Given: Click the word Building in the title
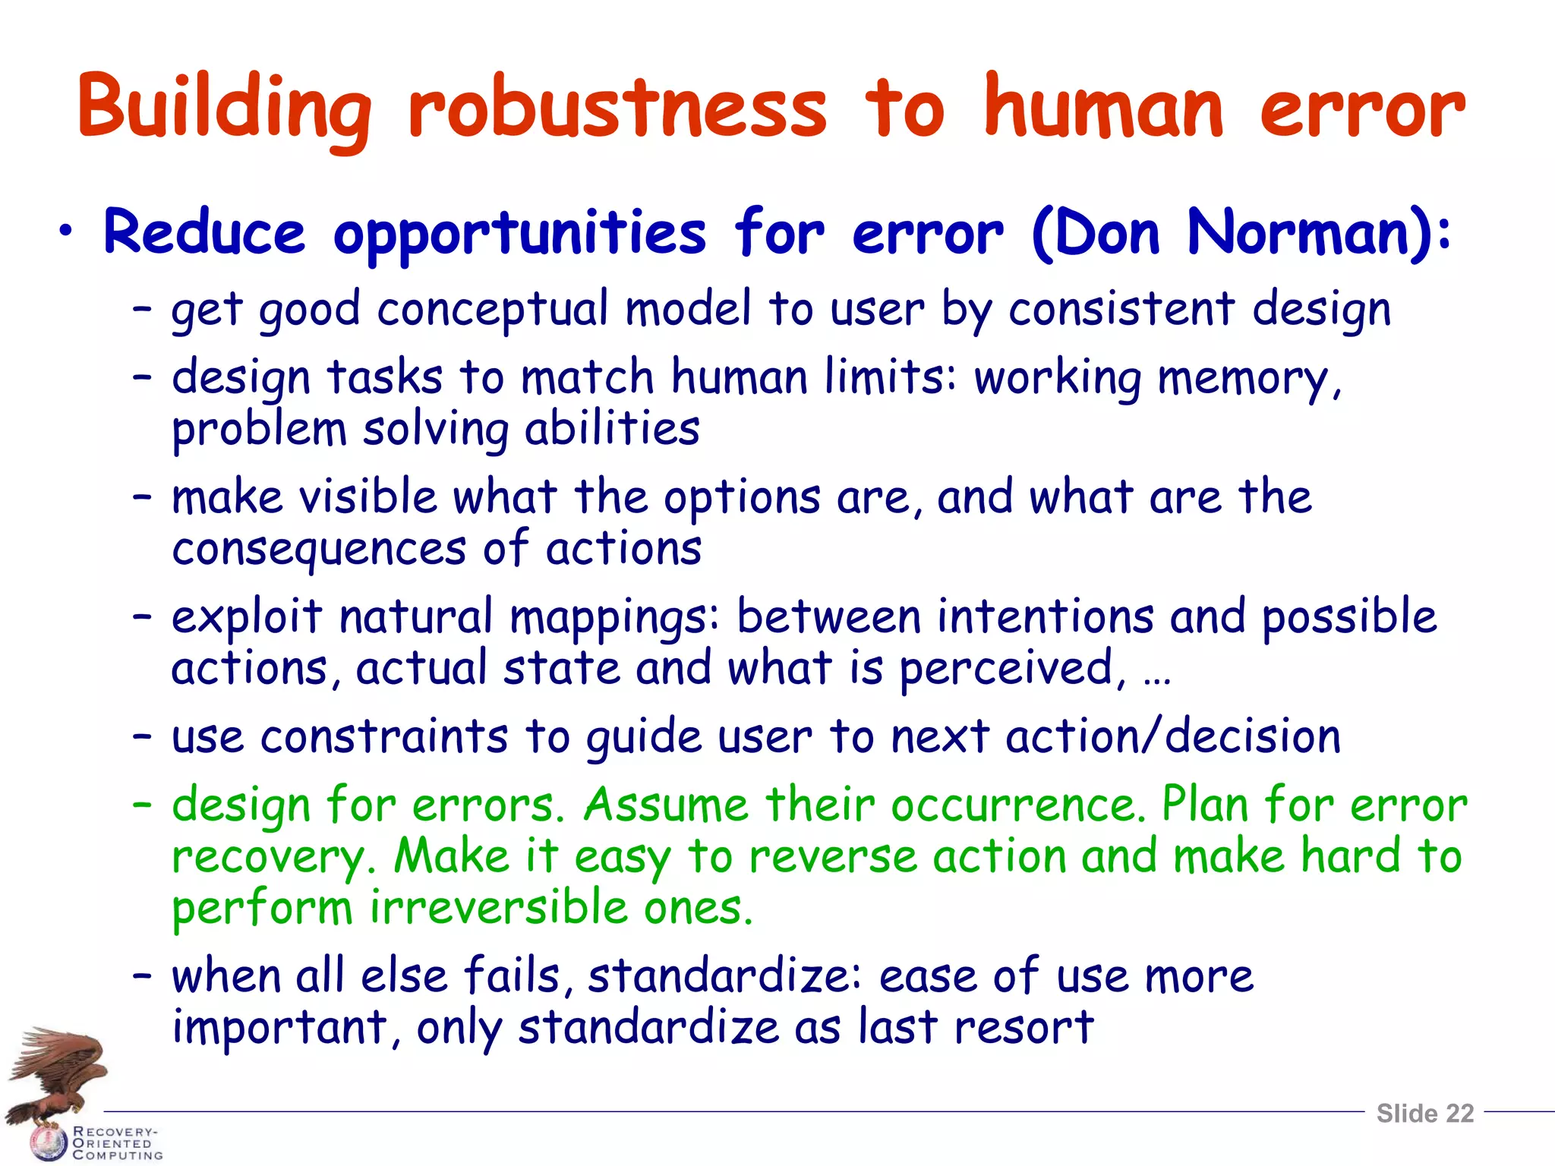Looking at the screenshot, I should point(225,108).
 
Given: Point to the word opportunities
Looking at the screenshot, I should point(519,234).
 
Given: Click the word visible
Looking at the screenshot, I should point(367,498).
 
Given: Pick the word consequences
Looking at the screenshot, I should point(319,550).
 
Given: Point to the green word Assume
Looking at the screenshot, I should point(666,805).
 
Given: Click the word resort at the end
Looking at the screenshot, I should point(1024,1028).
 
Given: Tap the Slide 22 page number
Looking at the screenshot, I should point(1424,1113).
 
